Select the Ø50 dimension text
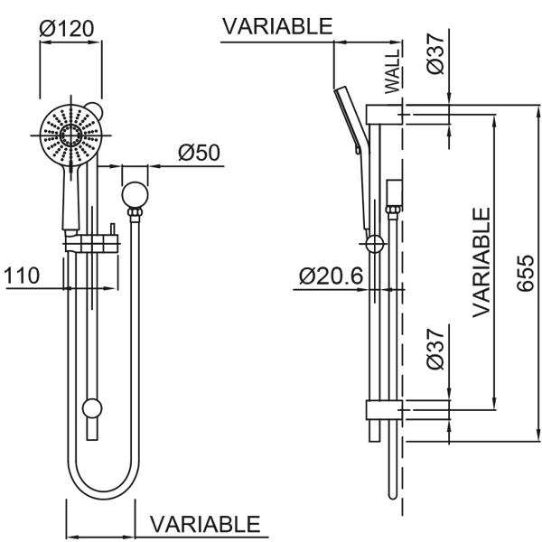click(199, 152)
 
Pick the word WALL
click(391, 73)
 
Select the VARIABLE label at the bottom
click(205, 524)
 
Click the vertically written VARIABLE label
click(481, 261)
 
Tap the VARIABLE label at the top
click(277, 26)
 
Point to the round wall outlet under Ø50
click(135, 193)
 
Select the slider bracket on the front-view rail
click(92, 243)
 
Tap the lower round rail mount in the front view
click(91, 409)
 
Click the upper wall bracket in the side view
click(382, 114)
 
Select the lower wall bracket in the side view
click(383, 409)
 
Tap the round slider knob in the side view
click(374, 243)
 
